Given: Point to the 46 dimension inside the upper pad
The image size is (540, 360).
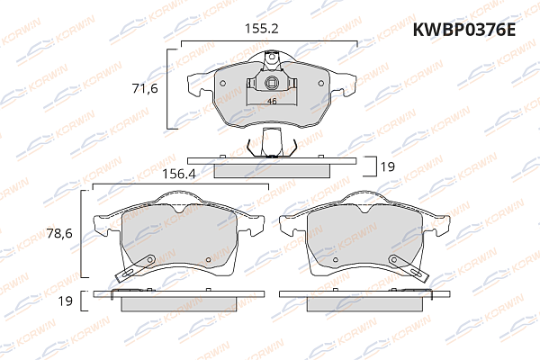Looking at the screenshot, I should (271, 101).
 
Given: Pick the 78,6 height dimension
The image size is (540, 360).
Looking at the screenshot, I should (58, 233).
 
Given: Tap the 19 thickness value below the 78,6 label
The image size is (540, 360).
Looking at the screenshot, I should (64, 301).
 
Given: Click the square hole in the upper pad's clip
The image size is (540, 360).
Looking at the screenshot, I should (271, 86).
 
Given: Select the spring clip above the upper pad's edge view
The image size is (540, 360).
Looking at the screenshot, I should (271, 141).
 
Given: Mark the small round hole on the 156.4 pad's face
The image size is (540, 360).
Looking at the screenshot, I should (208, 263).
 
